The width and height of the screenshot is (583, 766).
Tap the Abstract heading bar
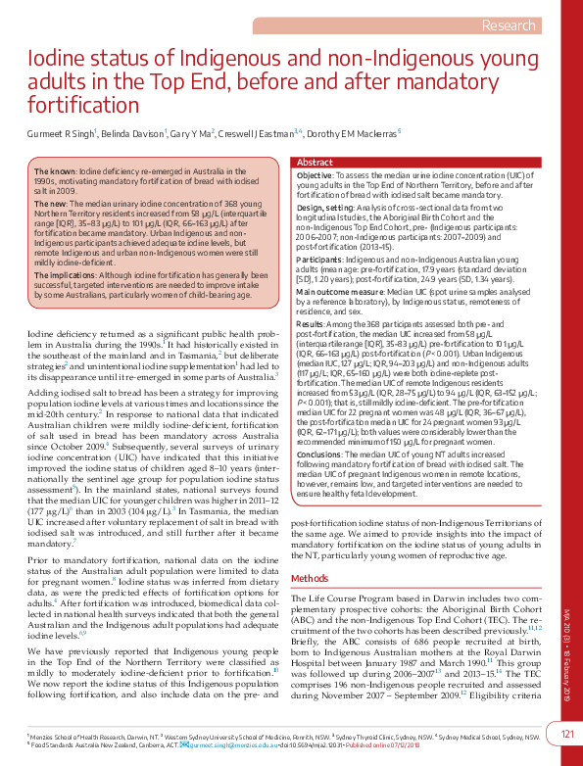pyautogui.click(x=315, y=162)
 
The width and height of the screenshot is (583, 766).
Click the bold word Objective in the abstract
pyautogui.click(x=315, y=174)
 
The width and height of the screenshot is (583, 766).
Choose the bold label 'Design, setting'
pyautogui.click(x=324, y=207)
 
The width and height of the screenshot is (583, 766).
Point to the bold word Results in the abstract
pyautogui.click(x=312, y=322)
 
